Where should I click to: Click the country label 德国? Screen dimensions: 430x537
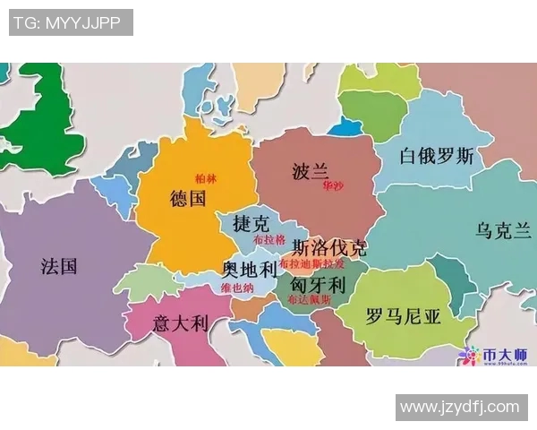tap(188, 198)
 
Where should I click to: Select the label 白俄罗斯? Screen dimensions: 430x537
tap(436, 156)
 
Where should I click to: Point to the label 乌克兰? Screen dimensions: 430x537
tap(503, 230)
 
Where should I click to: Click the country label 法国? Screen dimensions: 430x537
tap(59, 266)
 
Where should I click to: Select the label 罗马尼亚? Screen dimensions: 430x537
tap(404, 315)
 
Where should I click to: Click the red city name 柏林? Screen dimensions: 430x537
tap(206, 179)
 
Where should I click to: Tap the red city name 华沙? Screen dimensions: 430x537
tap(333, 186)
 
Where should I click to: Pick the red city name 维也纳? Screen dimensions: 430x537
tap(237, 288)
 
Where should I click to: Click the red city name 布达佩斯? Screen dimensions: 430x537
tap(313, 300)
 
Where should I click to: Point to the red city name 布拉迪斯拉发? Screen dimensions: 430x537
tap(311, 264)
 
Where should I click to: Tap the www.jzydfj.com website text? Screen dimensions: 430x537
tap(459, 407)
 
